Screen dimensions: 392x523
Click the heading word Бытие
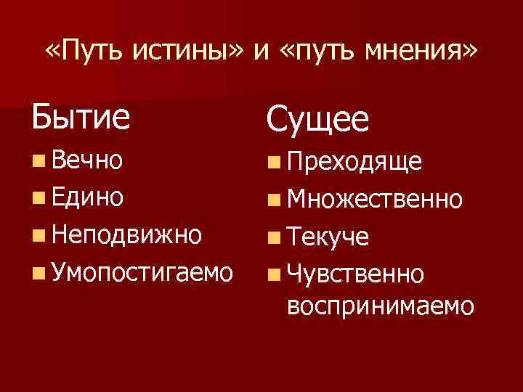click(81, 116)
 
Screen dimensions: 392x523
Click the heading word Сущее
click(317, 121)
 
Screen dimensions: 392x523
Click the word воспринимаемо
click(381, 306)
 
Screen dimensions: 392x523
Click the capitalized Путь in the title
click(101, 52)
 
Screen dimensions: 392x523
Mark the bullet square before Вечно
click(38, 158)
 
